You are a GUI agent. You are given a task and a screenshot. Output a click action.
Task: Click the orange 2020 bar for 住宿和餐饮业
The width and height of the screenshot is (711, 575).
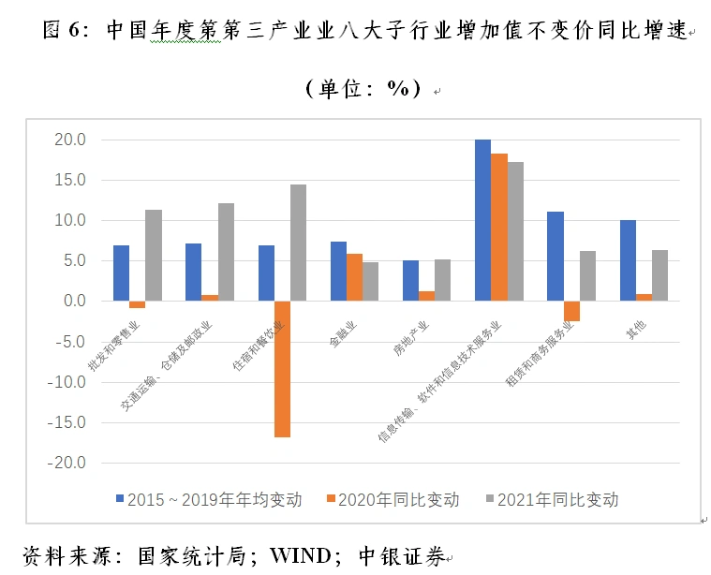[282, 369]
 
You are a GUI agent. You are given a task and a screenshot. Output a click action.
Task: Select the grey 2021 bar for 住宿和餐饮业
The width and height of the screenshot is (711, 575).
[298, 243]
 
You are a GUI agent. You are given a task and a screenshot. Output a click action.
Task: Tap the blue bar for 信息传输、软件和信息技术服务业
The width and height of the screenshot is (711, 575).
[482, 220]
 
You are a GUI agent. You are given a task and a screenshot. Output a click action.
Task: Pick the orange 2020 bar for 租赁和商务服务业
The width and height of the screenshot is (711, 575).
[571, 311]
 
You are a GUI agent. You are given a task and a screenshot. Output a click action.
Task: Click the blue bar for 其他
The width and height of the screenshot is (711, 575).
[628, 260]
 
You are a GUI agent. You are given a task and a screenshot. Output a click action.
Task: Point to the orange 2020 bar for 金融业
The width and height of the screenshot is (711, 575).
[354, 277]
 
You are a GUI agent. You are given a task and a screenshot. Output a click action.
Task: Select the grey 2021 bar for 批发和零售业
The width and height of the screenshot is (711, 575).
[154, 255]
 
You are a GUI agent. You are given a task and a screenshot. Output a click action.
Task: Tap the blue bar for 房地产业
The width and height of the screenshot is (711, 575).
[410, 281]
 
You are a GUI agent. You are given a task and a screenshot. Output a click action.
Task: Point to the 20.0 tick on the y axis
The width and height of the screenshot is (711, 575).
[70, 140]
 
